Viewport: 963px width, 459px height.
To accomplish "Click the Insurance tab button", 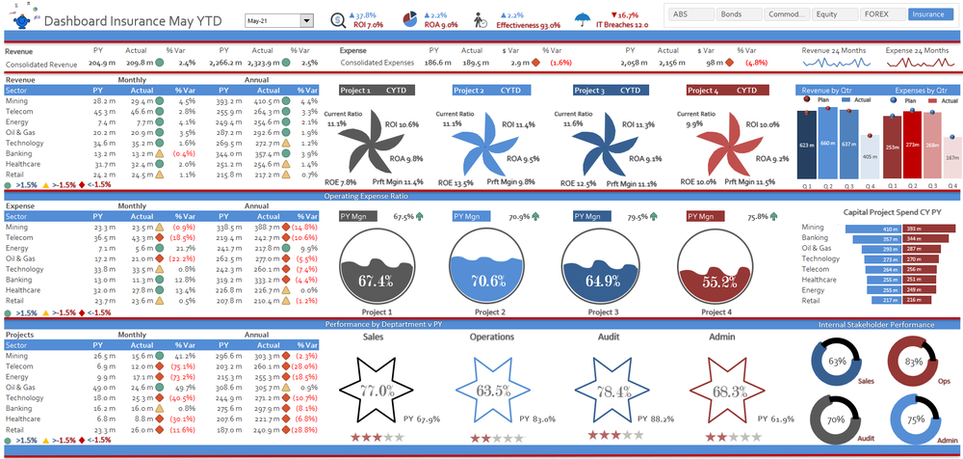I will [x=928, y=15].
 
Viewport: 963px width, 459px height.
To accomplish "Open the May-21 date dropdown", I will [x=307, y=20].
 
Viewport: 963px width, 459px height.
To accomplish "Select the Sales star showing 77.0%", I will [x=377, y=391].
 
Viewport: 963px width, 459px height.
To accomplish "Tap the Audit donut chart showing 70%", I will [x=836, y=419].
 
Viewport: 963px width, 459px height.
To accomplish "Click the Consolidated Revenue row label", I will [x=41, y=63].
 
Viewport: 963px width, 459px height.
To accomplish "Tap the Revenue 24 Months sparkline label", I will [x=834, y=49].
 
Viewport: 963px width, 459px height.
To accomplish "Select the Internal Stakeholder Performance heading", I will [x=876, y=324].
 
